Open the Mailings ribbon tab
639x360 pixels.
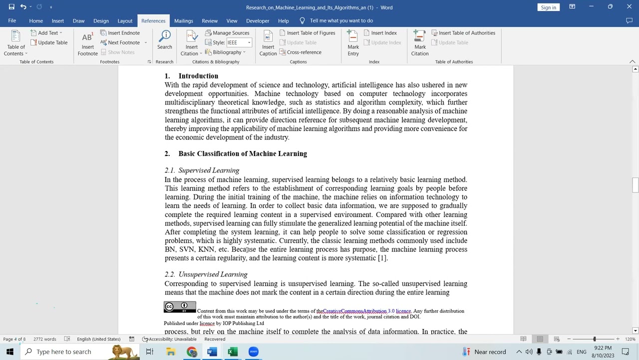point(183,20)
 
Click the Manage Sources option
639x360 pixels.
point(227,33)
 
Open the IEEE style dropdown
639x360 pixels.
point(249,42)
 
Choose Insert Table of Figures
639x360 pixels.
point(307,33)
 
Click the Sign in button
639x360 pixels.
point(548,7)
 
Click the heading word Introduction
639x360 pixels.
point(198,76)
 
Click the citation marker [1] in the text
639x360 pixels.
point(382,258)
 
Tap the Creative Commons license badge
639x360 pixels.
point(180,307)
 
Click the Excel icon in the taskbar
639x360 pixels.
point(232,351)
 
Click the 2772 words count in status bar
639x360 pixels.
point(44,339)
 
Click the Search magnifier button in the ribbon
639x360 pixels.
point(164,39)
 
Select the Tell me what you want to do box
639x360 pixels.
point(341,20)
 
